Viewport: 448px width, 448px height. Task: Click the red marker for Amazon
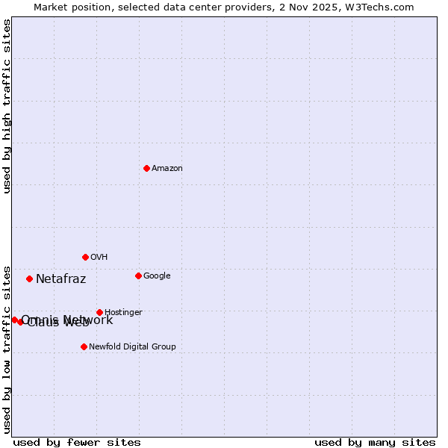coord(146,168)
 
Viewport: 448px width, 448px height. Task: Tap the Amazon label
coord(167,169)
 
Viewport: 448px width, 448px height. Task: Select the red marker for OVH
coord(85,257)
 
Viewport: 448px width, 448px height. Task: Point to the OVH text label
coord(99,258)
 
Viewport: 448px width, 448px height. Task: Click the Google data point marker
coord(138,276)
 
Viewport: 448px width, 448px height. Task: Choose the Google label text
coord(157,276)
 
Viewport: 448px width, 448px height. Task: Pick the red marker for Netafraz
coord(29,279)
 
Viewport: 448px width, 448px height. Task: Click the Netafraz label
coord(61,279)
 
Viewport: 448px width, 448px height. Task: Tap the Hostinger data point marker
coord(99,312)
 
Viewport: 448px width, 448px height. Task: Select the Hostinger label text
coord(123,313)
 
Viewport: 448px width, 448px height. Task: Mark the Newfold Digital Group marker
coord(84,346)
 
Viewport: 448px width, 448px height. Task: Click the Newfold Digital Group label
coord(132,347)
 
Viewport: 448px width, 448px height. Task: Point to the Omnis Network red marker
coord(14,320)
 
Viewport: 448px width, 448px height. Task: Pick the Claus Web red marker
coord(21,322)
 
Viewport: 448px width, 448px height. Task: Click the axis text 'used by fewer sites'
coord(77,442)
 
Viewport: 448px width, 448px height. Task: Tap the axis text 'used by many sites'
coord(375,442)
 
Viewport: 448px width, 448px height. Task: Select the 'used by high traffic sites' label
coord(7,106)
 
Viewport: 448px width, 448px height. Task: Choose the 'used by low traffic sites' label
coord(7,349)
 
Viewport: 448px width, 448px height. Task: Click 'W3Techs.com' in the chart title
coord(383,7)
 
